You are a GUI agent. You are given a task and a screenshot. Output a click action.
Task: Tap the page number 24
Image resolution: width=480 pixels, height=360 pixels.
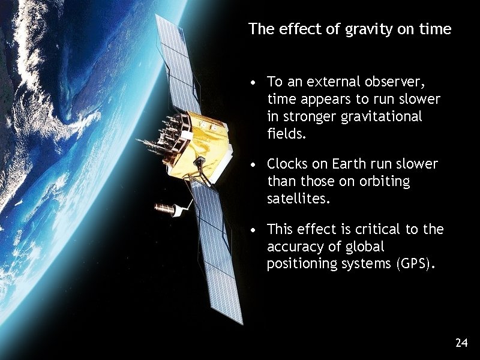pyautogui.click(x=461, y=343)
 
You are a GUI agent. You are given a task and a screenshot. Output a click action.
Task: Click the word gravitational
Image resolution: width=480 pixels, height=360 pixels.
pyautogui.click(x=386, y=116)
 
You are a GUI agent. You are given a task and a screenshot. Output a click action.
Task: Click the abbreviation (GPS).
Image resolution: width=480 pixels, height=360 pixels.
pyautogui.click(x=413, y=264)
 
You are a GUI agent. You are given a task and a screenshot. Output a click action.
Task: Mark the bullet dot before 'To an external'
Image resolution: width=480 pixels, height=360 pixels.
pyautogui.click(x=255, y=82)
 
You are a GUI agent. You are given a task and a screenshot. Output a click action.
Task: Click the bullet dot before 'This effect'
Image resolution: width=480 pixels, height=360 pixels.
pyautogui.click(x=255, y=230)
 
